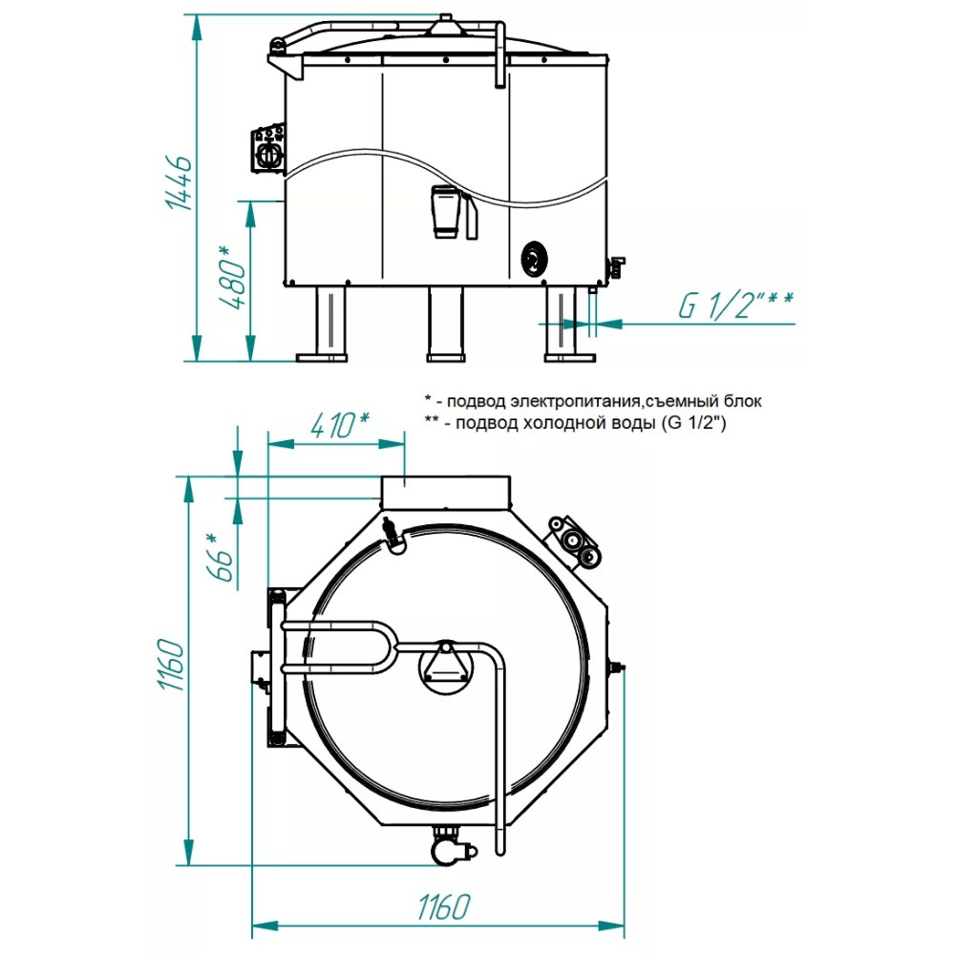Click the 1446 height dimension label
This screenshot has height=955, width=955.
coord(180,183)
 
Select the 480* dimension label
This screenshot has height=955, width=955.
coord(232,277)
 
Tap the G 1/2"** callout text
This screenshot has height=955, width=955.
coord(735,306)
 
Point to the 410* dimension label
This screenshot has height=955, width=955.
coord(339,425)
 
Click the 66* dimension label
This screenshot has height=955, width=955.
coord(223,558)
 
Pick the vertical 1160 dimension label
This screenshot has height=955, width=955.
coord(171,665)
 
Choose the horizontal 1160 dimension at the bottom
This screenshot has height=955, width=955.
coord(444,907)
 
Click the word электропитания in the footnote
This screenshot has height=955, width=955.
coord(574,401)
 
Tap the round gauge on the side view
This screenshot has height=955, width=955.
coord(534,260)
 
